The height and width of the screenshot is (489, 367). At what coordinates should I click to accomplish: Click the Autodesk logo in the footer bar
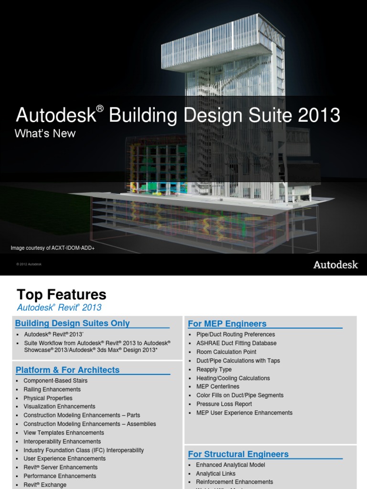[x=335, y=265]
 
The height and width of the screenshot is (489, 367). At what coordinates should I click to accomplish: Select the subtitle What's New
[x=45, y=134]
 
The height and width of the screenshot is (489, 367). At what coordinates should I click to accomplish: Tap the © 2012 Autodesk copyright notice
[x=29, y=264]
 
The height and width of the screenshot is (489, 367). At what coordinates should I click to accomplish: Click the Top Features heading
[x=62, y=295]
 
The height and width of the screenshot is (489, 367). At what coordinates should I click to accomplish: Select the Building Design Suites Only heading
[x=73, y=323]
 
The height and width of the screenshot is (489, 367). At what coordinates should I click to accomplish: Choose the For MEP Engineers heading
[x=227, y=324]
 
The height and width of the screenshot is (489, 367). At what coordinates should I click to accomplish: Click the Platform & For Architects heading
[x=67, y=370]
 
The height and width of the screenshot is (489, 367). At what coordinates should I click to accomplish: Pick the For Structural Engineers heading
[x=238, y=454]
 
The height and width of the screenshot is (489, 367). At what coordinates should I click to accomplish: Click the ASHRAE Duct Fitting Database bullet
[x=236, y=343]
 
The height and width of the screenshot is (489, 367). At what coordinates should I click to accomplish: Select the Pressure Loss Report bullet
[x=224, y=404]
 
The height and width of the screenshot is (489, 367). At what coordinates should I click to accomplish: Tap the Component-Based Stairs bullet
[x=55, y=381]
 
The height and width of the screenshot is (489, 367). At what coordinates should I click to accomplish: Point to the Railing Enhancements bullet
[x=52, y=389]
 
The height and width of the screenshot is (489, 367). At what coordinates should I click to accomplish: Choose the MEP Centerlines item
[x=218, y=386]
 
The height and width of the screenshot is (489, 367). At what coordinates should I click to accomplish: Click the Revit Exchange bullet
[x=45, y=485]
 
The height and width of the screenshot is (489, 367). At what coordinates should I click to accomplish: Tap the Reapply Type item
[x=214, y=369]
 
